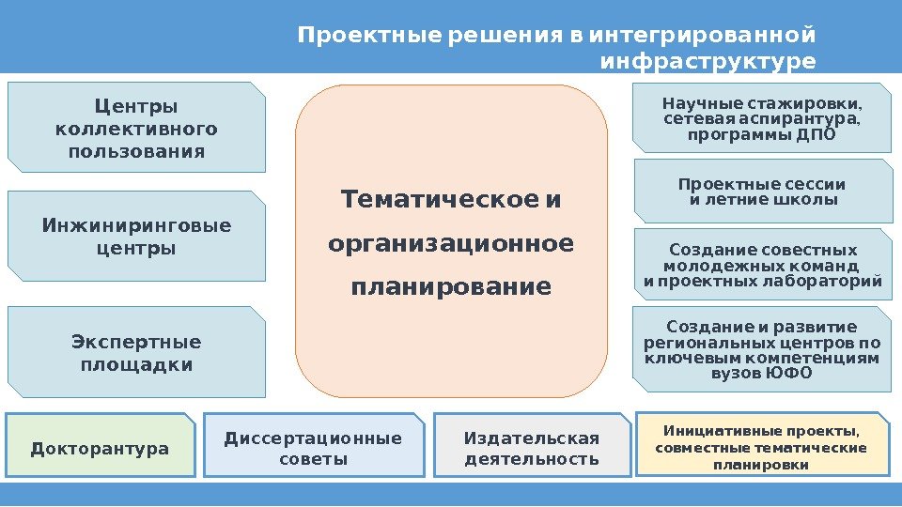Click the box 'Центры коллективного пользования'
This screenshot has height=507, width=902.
click(136, 128)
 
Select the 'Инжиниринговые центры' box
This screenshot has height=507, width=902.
click(136, 237)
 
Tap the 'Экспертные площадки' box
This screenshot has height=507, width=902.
click(136, 352)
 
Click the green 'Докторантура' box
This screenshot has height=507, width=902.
click(100, 448)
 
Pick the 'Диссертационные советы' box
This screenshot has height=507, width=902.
click(313, 448)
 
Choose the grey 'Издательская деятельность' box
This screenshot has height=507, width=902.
click(532, 448)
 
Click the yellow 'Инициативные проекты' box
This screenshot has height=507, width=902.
click(761, 447)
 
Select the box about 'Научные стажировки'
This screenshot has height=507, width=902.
click(761, 117)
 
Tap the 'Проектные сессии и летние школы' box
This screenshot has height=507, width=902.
click(761, 192)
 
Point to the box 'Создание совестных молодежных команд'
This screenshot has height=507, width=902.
click(762, 265)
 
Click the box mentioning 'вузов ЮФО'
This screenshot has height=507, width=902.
click(761, 348)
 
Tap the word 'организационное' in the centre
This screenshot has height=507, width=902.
click(451, 243)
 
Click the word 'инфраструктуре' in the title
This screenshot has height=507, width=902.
click(708, 62)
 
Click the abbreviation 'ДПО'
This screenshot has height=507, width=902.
click(816, 133)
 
